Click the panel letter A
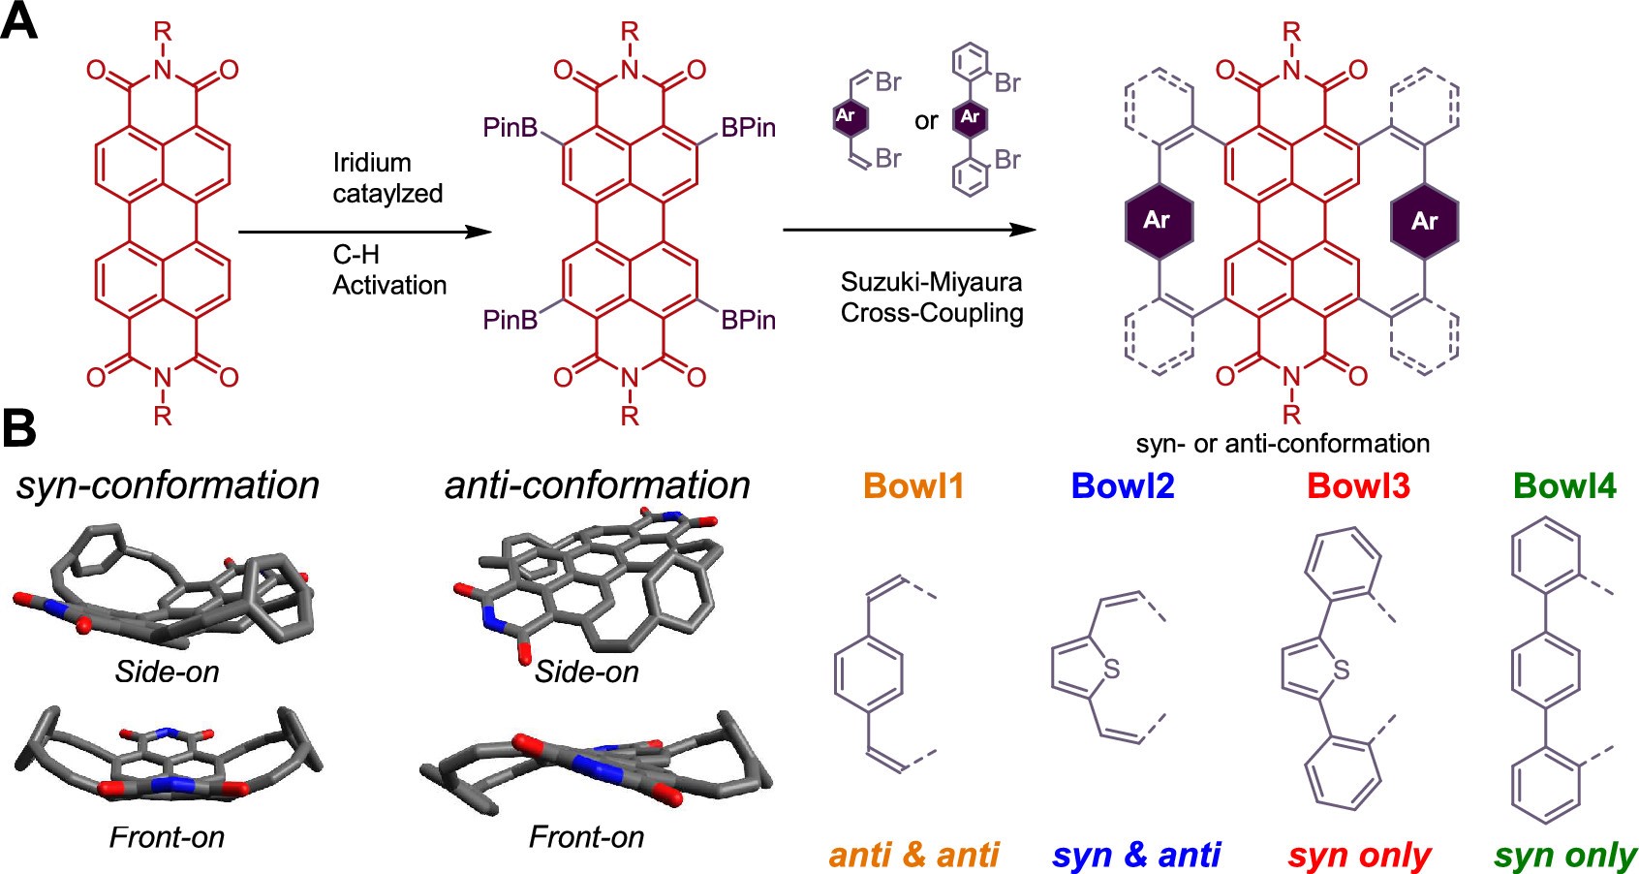(x=19, y=21)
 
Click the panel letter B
(x=19, y=428)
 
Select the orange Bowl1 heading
(x=913, y=485)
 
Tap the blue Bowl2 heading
(x=1123, y=485)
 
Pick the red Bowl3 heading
(x=1358, y=485)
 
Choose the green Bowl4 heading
(x=1564, y=485)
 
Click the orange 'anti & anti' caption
(x=913, y=855)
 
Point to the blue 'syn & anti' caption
(x=1135, y=855)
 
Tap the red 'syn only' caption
(x=1359, y=855)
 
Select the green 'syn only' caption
(x=1565, y=855)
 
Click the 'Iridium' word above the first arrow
(x=372, y=163)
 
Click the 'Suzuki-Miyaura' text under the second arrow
(x=931, y=282)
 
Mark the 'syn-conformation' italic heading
(x=168, y=484)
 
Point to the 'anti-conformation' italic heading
(x=597, y=484)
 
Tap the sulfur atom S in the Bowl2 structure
(x=1111, y=669)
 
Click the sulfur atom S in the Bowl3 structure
(x=1341, y=669)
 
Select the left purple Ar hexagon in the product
(x=1158, y=220)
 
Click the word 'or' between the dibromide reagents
(x=926, y=121)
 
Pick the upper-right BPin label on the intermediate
(x=748, y=128)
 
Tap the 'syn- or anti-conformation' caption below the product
(x=1283, y=444)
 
